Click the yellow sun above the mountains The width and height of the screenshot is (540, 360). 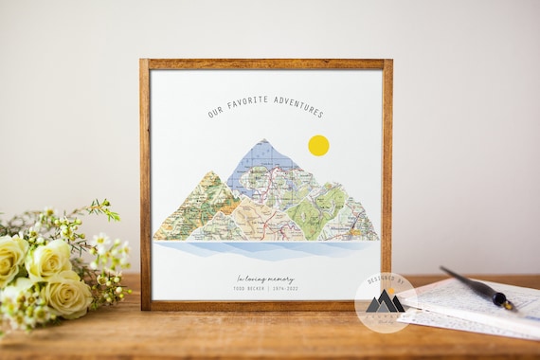318,145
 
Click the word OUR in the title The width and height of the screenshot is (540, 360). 215,113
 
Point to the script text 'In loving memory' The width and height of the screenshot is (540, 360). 266,278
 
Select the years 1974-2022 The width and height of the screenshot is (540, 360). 285,287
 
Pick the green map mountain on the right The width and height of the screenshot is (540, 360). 332,204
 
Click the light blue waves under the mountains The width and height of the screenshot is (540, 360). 265,250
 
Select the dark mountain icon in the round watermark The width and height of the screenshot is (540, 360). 385,303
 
